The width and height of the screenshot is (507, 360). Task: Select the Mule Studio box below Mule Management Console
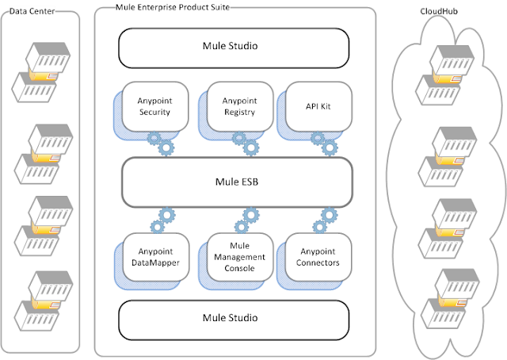click(235, 319)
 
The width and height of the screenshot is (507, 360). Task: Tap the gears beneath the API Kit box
click(324, 142)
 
